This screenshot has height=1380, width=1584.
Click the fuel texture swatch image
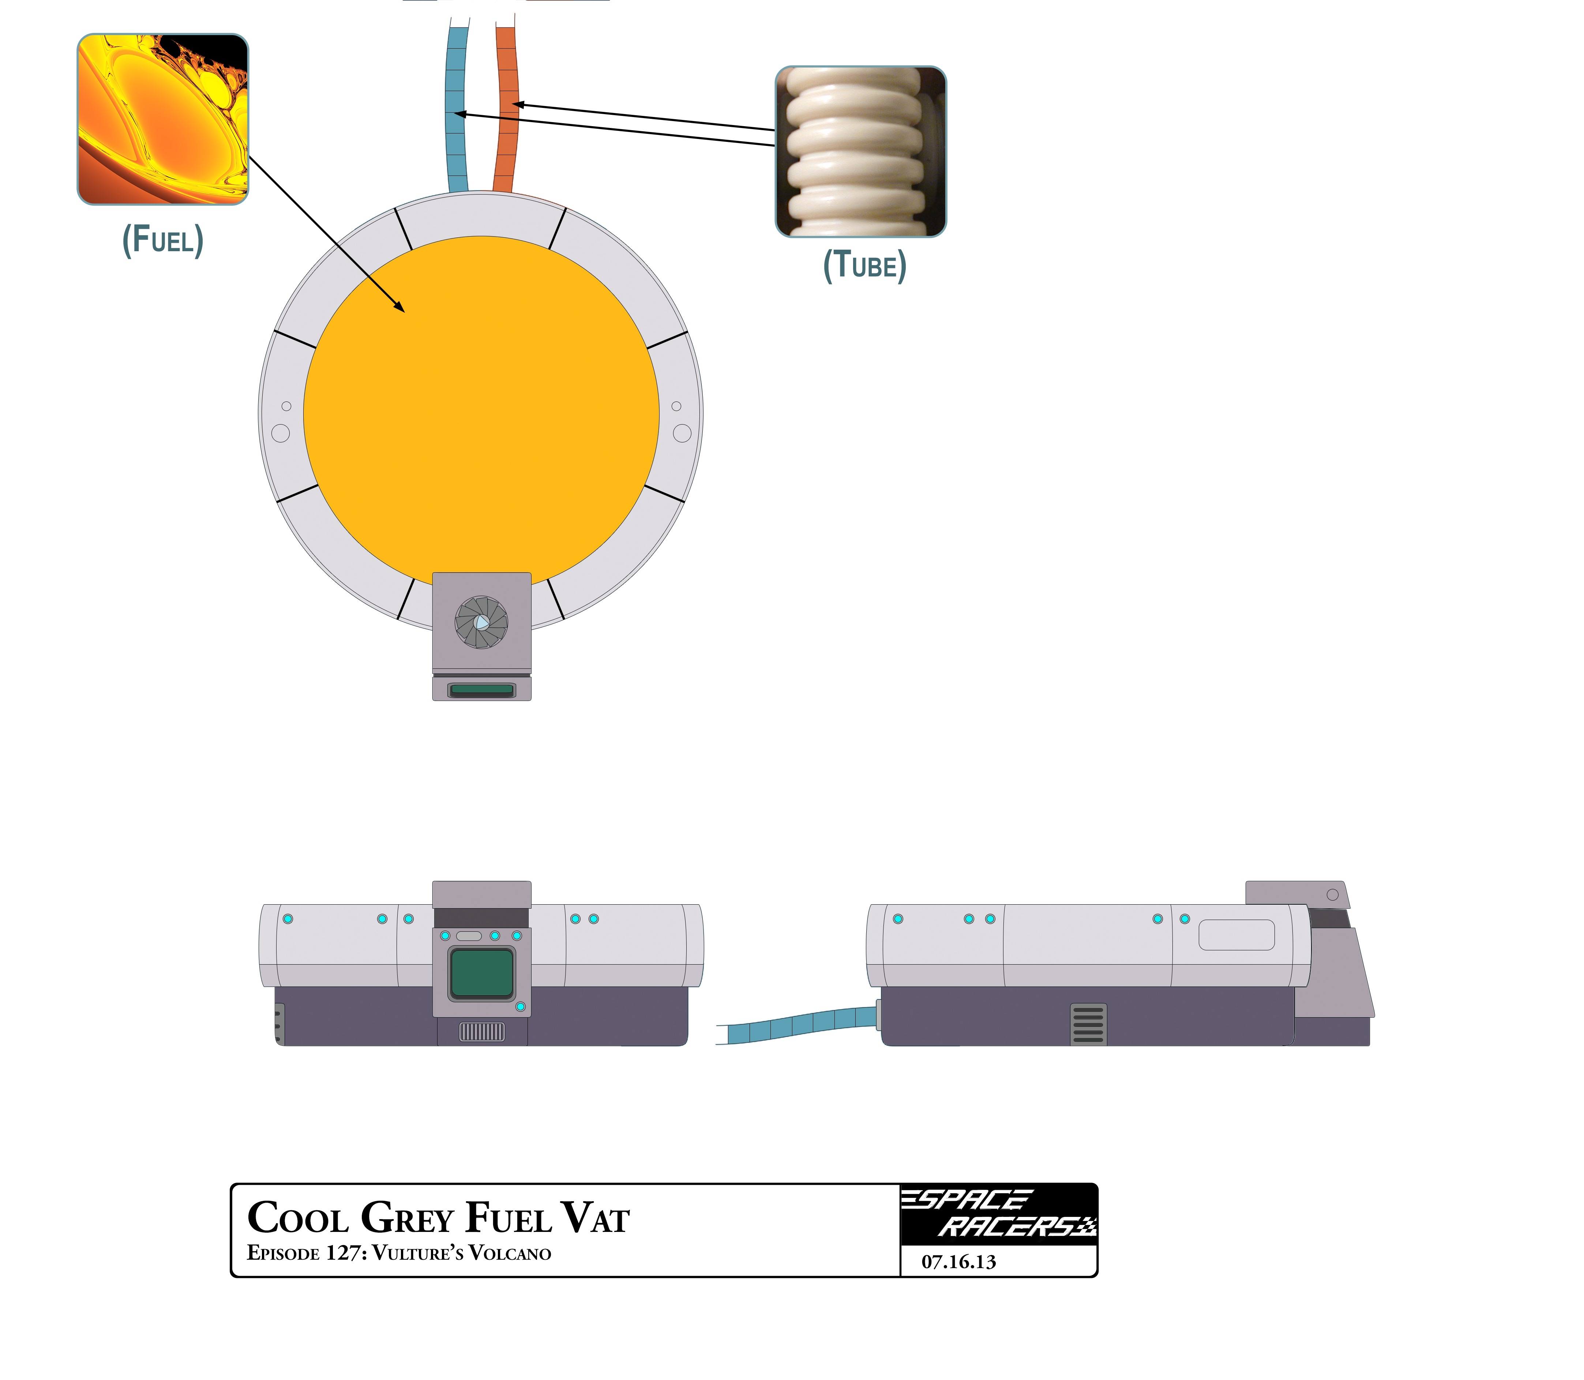162,119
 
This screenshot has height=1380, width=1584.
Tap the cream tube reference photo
860,152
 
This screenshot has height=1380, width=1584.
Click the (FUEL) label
162,240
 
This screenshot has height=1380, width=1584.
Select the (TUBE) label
864,266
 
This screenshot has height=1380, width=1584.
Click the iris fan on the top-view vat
481,622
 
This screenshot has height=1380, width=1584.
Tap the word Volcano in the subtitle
509,1254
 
